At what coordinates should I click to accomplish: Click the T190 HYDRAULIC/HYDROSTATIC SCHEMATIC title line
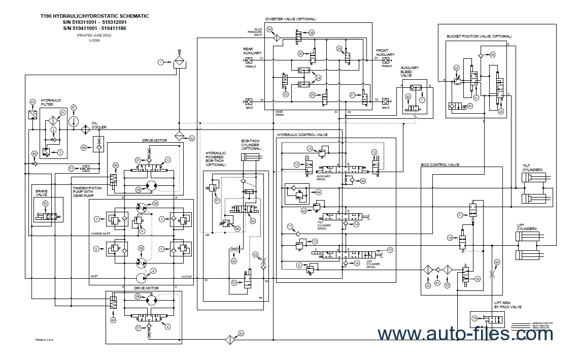point(94,16)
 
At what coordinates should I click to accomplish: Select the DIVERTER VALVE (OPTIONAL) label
point(290,19)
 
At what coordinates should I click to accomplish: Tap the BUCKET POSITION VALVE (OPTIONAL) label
point(479,37)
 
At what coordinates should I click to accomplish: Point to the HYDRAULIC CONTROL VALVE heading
point(302,135)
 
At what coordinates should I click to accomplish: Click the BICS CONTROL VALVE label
point(440,165)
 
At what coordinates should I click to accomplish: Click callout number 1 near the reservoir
point(161,62)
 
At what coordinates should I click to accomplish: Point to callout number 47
point(74,107)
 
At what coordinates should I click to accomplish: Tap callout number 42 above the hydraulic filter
point(32,102)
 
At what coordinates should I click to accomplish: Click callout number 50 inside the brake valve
point(46,204)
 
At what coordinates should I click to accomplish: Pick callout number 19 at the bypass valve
point(474,318)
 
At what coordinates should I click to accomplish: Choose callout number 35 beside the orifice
point(497,262)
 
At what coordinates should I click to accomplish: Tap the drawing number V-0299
point(94,41)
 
